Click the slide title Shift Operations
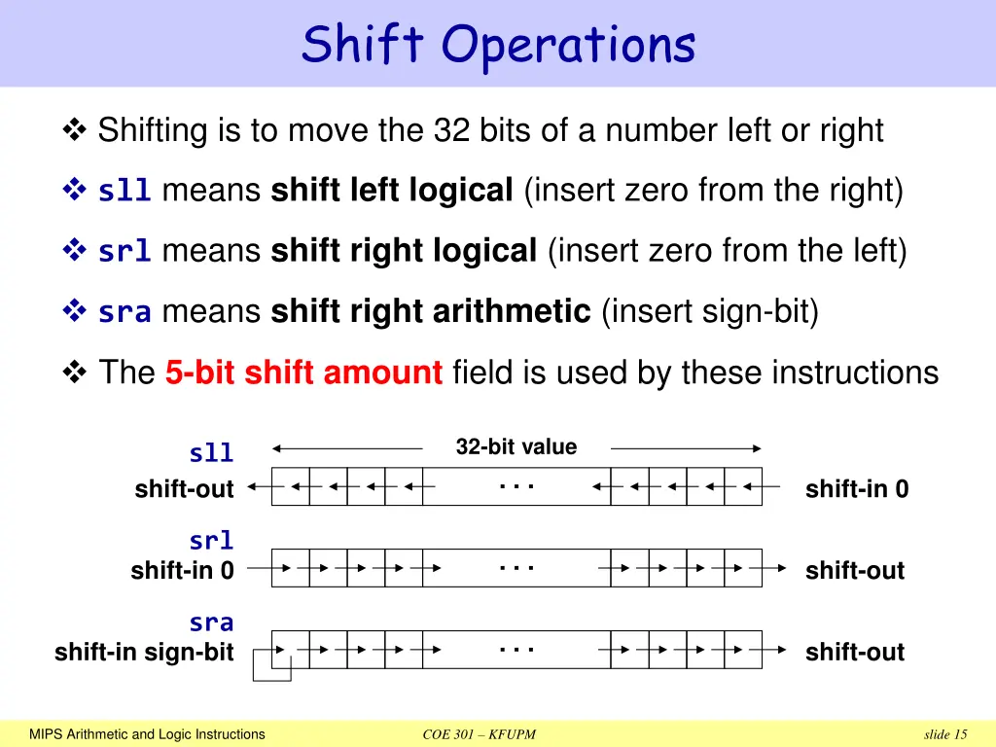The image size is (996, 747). [498, 45]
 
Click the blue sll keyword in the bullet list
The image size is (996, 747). [124, 193]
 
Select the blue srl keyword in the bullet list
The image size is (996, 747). [124, 253]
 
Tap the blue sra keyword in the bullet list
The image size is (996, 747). [124, 313]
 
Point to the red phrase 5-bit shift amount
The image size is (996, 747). [303, 373]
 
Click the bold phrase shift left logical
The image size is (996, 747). [391, 192]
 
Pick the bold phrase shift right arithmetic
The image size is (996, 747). [430, 312]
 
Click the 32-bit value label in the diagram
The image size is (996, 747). [516, 447]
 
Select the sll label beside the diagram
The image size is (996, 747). [211, 453]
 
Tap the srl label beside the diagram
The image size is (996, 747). [211, 541]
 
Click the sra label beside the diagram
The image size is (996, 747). [211, 622]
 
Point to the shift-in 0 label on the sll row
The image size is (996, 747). [856, 489]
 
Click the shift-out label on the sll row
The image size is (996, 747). [184, 489]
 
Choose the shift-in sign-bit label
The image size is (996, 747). [144, 653]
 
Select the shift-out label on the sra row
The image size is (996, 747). [854, 653]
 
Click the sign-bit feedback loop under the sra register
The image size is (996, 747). [271, 668]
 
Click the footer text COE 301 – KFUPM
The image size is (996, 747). [480, 734]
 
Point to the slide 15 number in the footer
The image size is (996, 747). [945, 734]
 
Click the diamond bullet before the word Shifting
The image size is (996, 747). [74, 129]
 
